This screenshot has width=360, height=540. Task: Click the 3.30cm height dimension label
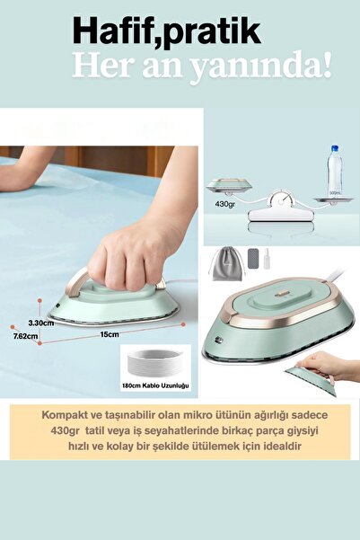[40, 321]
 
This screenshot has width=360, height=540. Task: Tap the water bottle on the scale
[334, 171]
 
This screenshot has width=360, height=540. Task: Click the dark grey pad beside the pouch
[252, 263]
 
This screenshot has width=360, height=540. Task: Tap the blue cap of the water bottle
[334, 148]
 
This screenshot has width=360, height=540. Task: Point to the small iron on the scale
[224, 186]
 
